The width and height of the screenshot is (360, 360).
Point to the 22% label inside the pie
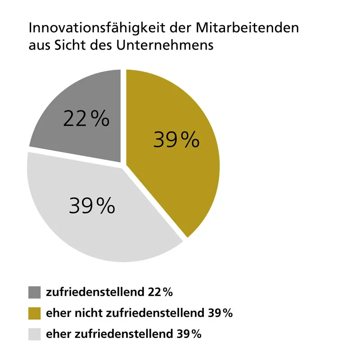[x=86, y=119]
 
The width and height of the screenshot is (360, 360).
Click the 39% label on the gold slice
[x=176, y=139]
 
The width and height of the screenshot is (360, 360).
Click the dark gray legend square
[x=34, y=292]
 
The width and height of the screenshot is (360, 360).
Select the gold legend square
[x=34, y=313]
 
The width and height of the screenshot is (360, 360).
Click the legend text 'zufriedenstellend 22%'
[x=109, y=292]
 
